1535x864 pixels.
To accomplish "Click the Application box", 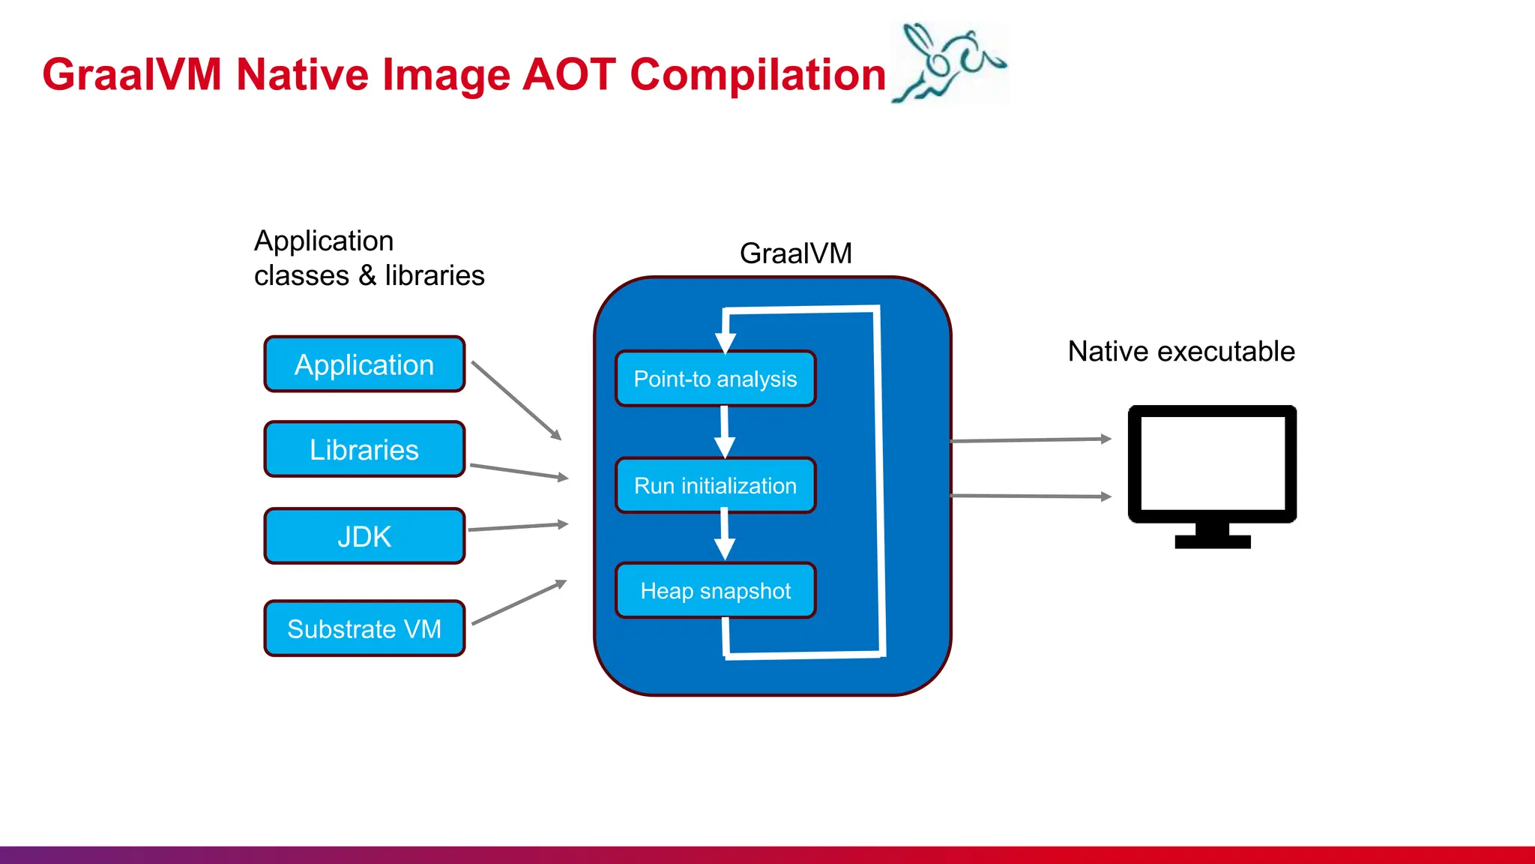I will [364, 364].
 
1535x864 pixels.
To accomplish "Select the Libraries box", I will [364, 449].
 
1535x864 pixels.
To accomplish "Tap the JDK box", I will [364, 536].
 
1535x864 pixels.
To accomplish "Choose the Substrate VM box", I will [364, 628].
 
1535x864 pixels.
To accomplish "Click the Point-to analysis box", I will [715, 379].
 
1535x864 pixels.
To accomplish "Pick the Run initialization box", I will [715, 485].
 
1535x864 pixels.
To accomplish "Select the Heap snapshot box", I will [715, 591].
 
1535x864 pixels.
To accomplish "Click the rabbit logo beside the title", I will [949, 64].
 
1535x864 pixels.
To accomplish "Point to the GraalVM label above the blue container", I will [795, 253].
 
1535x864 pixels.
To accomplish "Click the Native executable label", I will [1181, 351].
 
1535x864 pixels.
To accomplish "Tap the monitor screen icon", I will [1212, 463].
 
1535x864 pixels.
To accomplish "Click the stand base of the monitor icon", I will [1212, 541].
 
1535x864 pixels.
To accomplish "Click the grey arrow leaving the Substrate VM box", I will [519, 602].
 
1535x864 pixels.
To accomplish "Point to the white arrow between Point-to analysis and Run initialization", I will [724, 432].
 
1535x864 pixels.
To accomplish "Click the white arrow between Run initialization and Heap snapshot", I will [724, 534].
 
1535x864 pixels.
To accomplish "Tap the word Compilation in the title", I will [758, 75].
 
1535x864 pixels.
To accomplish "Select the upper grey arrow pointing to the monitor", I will [1030, 440].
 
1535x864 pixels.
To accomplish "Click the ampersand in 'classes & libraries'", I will [367, 276].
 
